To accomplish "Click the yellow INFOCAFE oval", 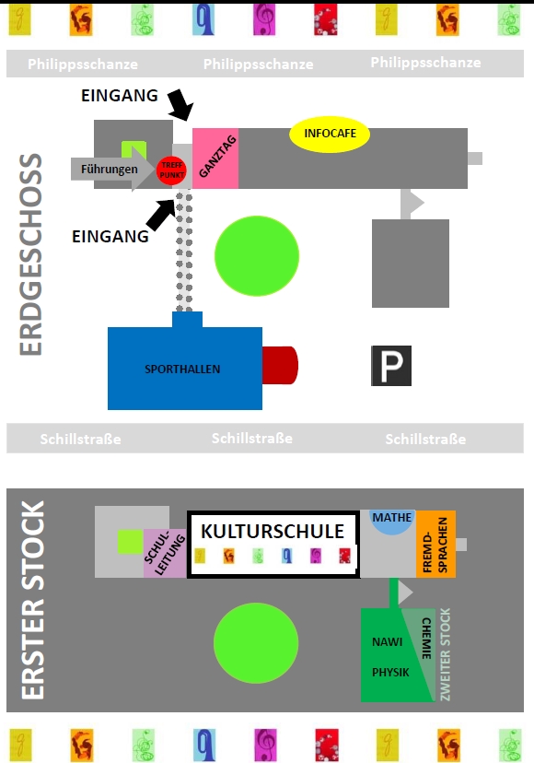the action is pos(330,134).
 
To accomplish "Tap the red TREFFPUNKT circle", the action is pos(171,170).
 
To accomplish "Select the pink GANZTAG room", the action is pos(215,158).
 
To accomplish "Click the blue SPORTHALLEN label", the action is pos(182,370).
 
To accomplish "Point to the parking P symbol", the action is pos(391,366).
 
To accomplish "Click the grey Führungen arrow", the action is pos(111,170).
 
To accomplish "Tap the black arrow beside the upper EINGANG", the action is pos(181,104).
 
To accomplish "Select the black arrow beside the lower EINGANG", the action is pos(160,215).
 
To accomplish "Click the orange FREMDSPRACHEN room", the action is pos(435,544).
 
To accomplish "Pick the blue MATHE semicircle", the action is pos(392,522).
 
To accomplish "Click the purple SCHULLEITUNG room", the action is pos(165,554).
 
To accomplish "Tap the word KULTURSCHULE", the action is pos(273,532).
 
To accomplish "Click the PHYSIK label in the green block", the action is pos(390,673).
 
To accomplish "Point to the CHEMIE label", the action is pos(426,638).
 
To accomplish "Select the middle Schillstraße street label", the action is pos(252,439).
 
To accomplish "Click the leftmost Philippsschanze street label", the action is pos(83,65).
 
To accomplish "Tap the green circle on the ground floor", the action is pos(257,256).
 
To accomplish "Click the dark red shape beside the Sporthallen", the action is pos(280,366).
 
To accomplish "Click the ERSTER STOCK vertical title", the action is pos(33,600).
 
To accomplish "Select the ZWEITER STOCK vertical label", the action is pos(445,654).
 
